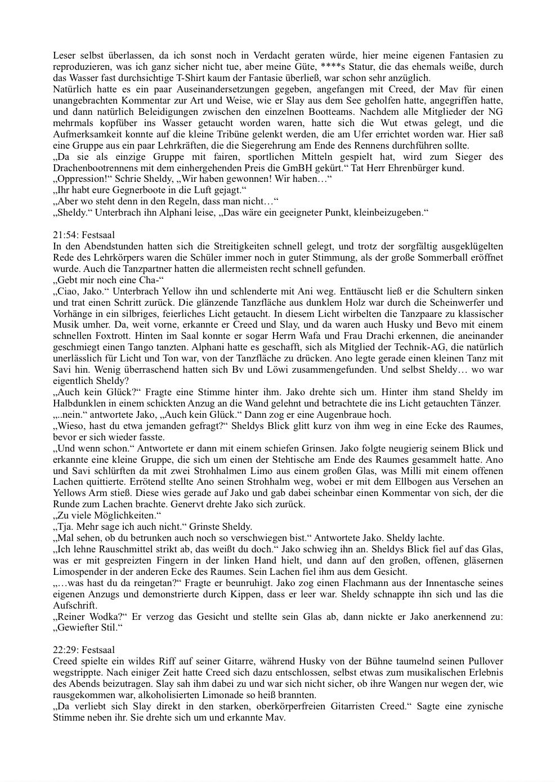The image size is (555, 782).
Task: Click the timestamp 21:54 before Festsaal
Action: click(64, 235)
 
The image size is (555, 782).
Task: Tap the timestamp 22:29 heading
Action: click(64, 650)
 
